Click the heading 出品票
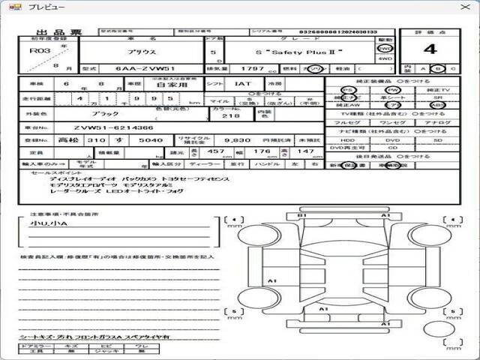point(50,32)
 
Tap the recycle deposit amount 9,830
point(237,139)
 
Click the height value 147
point(305,151)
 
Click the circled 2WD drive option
point(385,47)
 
